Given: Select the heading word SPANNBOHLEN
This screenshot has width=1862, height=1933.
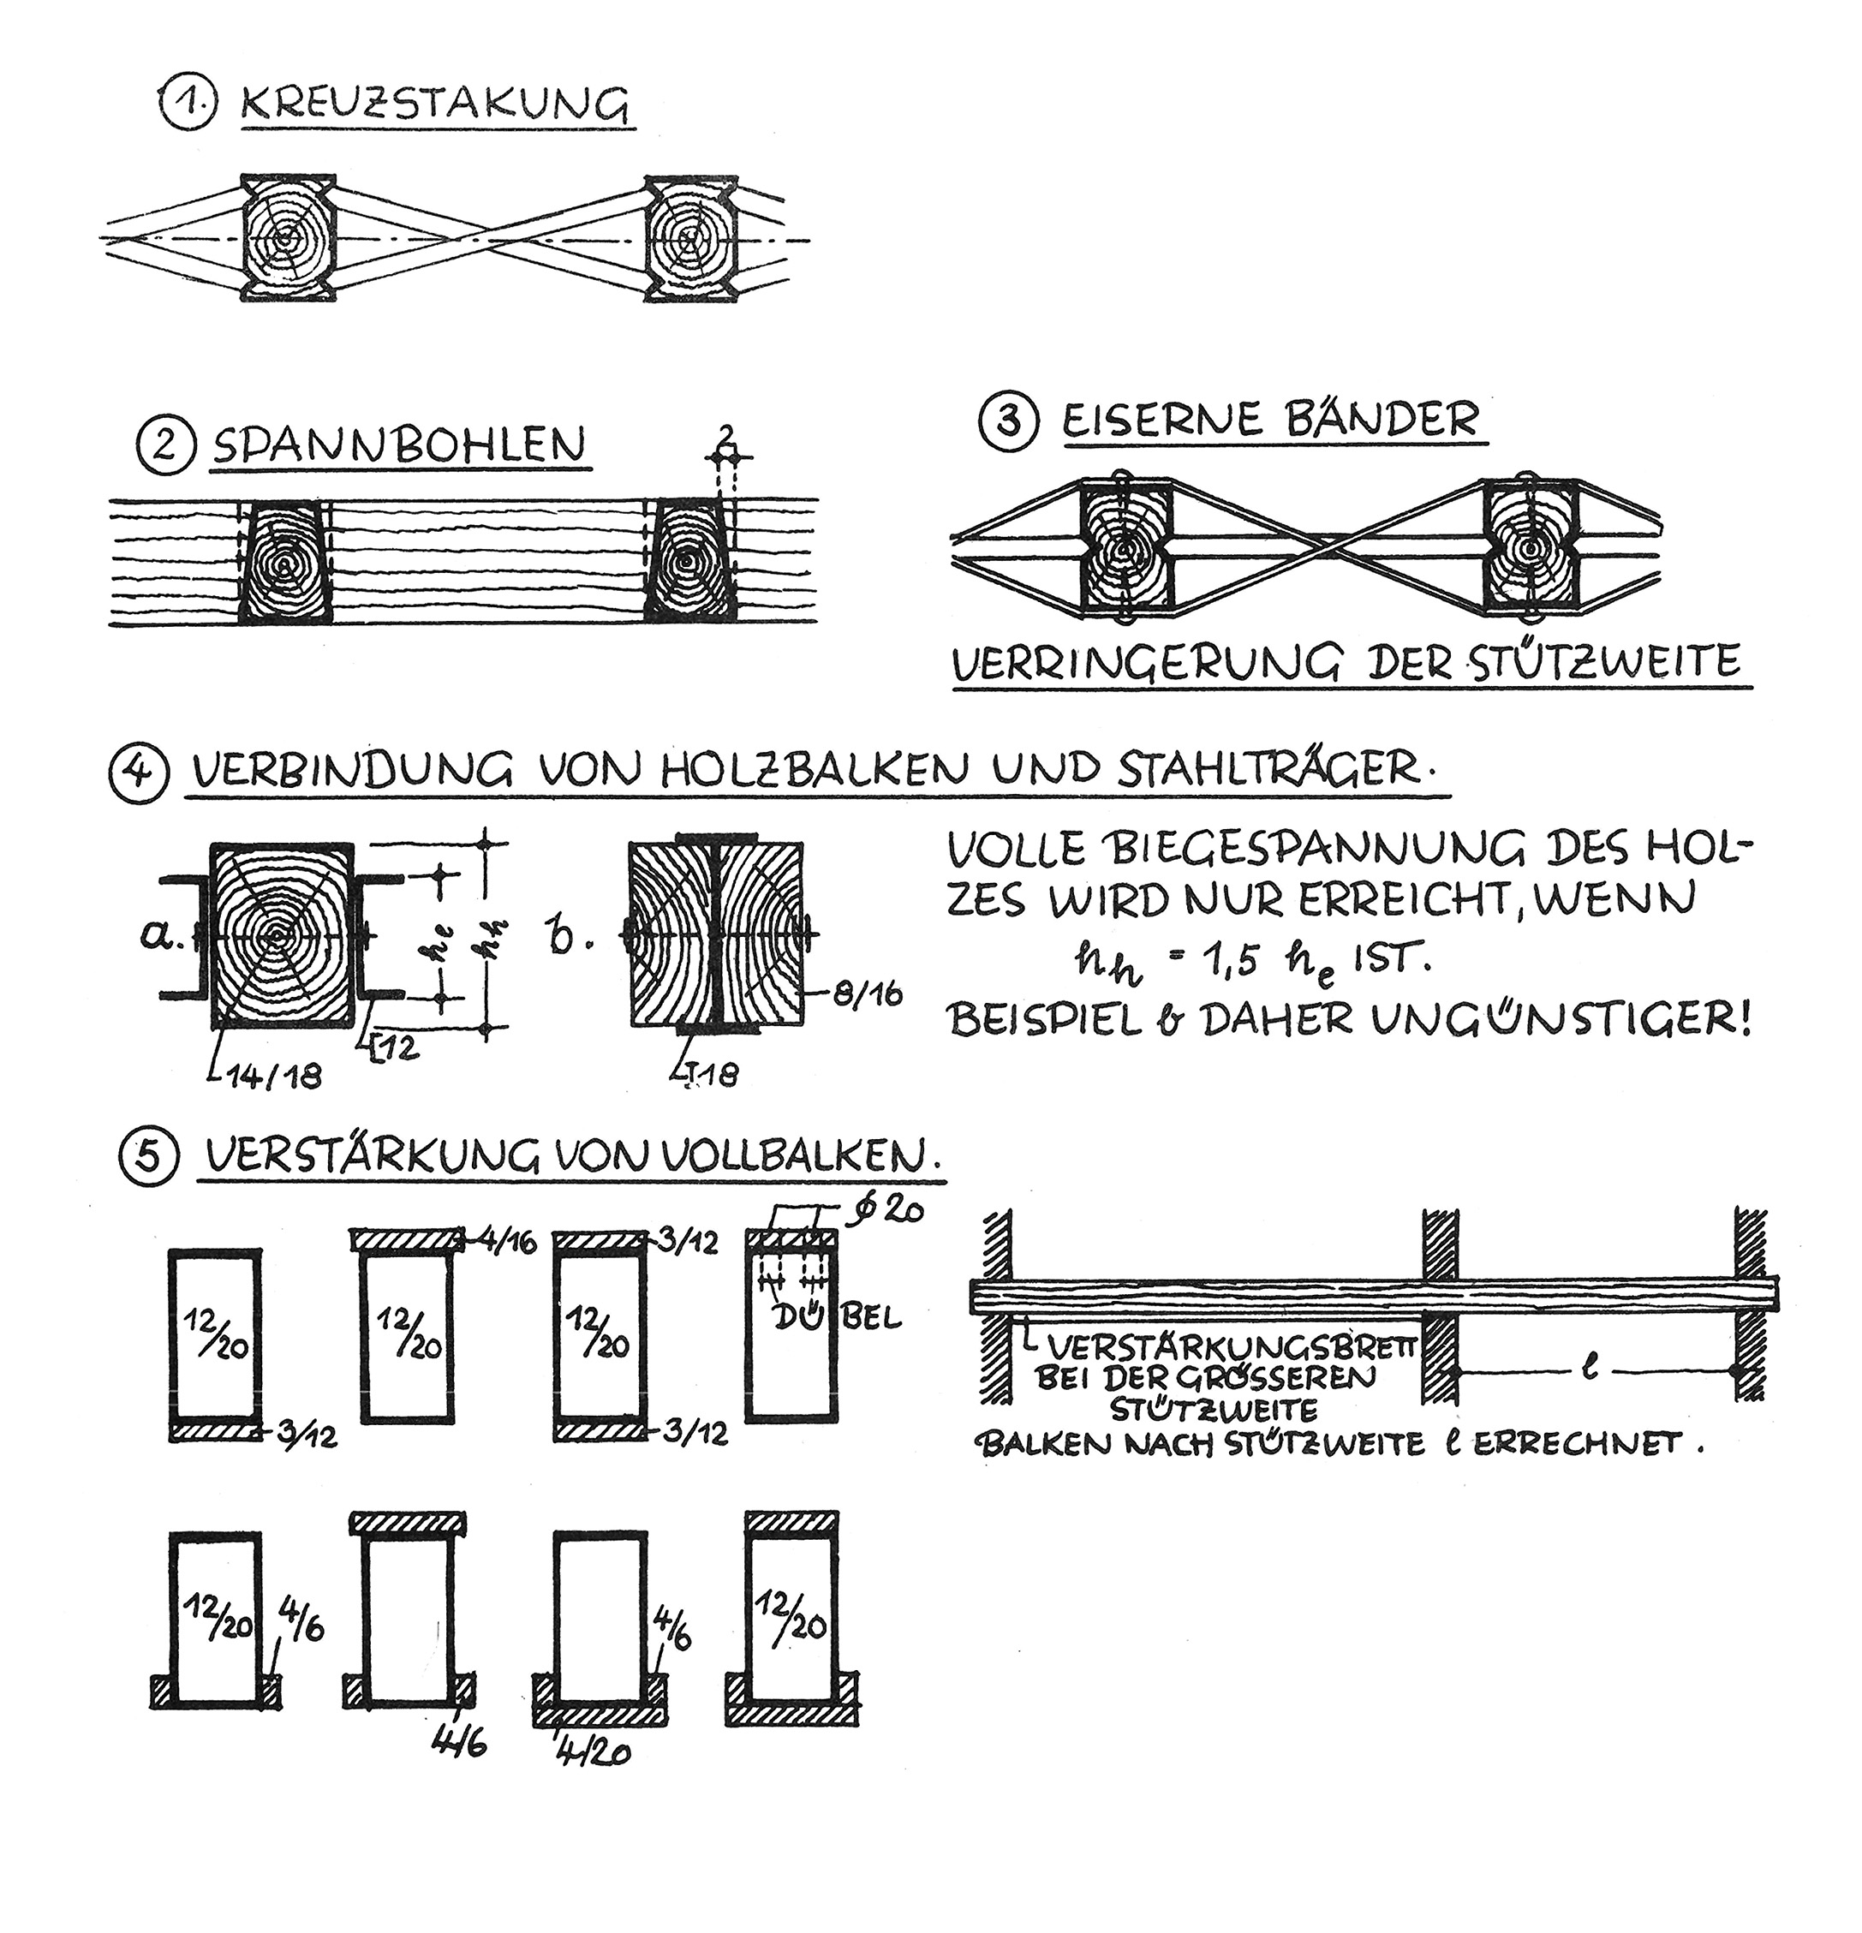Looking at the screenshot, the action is [x=398, y=445].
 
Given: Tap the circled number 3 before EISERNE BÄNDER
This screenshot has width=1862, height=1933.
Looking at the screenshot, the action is [x=1007, y=423].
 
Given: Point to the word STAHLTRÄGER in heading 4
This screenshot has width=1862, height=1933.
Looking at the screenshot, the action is [x=1270, y=770].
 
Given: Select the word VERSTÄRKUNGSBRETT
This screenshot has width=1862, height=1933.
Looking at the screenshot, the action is [x=1232, y=1346].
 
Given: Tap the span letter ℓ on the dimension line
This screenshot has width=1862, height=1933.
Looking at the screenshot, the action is [x=1589, y=1369].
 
